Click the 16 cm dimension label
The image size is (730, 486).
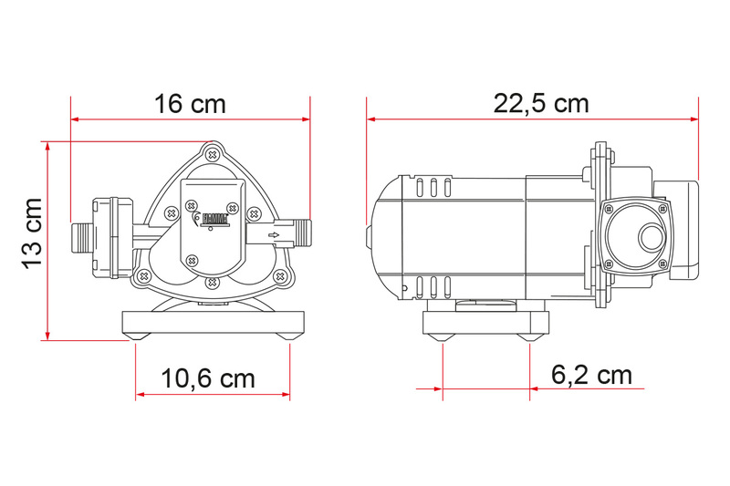(x=190, y=104)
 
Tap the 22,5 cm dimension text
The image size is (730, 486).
(x=541, y=103)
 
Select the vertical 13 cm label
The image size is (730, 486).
(x=33, y=233)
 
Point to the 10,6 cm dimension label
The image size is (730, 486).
(x=208, y=378)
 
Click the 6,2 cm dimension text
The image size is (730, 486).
(x=591, y=375)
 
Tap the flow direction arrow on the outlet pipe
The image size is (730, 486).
(x=274, y=235)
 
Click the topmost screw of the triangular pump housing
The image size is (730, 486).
(x=213, y=154)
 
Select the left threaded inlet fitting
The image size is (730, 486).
(x=83, y=237)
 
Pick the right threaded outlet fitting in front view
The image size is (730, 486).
(x=303, y=232)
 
